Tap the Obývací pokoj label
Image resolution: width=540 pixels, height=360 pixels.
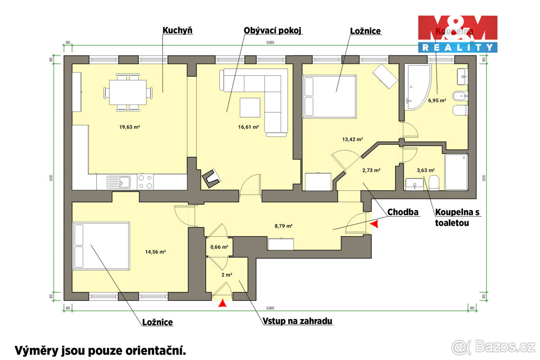point(272,31)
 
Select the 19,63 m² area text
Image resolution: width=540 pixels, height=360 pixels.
point(130,127)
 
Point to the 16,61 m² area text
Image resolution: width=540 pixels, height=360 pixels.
point(248,127)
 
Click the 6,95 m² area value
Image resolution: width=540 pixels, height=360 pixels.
point(436,101)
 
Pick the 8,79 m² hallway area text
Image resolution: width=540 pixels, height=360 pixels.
point(283,226)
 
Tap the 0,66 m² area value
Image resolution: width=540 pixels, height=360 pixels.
point(219,247)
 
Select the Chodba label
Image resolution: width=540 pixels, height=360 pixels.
point(403,212)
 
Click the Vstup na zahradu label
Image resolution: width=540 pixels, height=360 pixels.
point(297,321)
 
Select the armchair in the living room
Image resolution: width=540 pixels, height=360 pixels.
point(211,178)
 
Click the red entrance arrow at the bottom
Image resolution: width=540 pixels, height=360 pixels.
point(222,304)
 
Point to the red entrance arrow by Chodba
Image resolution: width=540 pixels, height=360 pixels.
point(374,222)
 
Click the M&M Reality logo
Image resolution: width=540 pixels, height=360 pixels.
point(457,34)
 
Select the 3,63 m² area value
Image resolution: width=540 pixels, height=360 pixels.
point(425,171)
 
